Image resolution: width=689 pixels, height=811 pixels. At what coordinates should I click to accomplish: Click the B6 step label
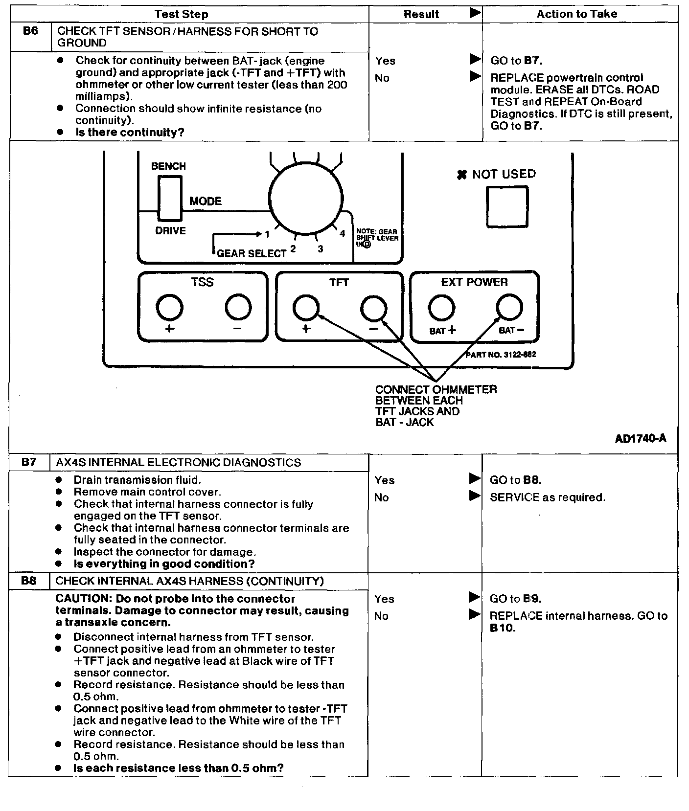point(30,31)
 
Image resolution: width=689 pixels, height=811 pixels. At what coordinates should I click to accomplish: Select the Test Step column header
point(181,14)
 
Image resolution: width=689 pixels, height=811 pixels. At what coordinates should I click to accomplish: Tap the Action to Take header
point(576,14)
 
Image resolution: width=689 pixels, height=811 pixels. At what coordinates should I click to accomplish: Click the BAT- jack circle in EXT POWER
point(509,308)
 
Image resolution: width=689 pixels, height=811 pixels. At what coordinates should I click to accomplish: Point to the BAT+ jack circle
point(441,308)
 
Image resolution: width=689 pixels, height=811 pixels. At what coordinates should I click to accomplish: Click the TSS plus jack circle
point(169,308)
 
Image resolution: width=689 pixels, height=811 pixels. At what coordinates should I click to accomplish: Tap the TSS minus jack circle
point(238,308)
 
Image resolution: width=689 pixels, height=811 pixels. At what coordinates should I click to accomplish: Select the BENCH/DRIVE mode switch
point(169,199)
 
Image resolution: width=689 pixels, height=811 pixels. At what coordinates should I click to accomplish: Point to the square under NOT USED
point(507,207)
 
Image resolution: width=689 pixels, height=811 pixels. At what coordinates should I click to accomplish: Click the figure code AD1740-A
point(640,438)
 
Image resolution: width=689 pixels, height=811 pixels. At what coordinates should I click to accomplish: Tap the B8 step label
point(29,581)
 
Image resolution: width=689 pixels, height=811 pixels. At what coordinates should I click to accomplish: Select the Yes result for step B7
point(385,480)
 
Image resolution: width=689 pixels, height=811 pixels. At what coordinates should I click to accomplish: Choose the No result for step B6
point(382,78)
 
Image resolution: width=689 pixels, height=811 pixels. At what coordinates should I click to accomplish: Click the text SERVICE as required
point(547,497)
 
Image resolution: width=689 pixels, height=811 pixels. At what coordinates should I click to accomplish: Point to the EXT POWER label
point(474,282)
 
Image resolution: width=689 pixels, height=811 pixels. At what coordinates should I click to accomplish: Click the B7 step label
point(29,462)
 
